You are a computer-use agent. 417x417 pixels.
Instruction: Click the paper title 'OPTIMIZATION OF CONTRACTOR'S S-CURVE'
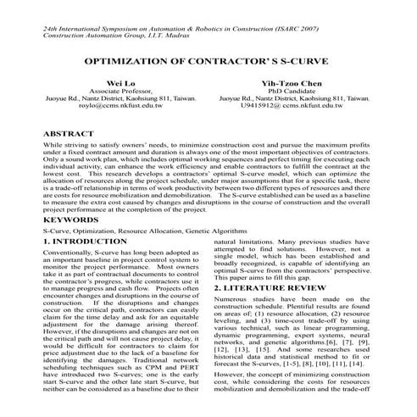208,64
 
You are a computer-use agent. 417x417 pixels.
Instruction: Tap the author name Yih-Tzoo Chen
292,84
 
